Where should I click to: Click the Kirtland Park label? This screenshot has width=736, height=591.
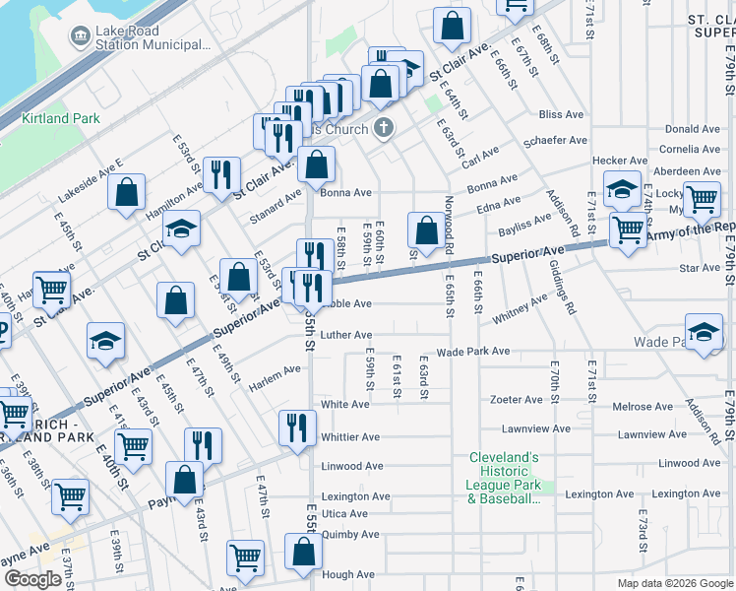pos(60,118)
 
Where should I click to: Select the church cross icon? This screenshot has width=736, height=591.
pos(384,128)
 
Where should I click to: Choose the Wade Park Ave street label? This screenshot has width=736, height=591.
pos(473,351)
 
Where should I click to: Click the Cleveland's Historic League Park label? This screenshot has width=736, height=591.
pos(504,478)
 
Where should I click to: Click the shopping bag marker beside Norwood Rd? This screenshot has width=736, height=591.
pos(426,232)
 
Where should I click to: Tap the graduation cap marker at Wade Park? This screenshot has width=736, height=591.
pos(705,335)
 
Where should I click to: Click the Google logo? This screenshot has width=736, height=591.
pos(33,579)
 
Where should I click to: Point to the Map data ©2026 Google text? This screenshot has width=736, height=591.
pos(675,583)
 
